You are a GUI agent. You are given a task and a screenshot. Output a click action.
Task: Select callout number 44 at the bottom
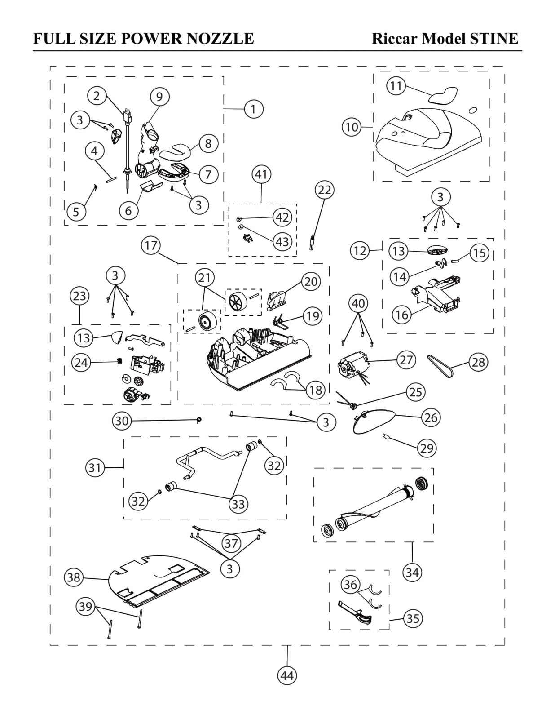[287, 675]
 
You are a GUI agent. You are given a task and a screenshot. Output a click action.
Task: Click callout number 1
[254, 109]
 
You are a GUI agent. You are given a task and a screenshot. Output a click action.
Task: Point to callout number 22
[324, 190]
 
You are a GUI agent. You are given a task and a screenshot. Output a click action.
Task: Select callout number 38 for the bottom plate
[74, 577]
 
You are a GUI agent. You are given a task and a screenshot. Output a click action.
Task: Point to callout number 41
[261, 174]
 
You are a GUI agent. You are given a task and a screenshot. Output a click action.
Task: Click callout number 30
[122, 421]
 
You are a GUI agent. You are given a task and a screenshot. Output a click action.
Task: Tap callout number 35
[413, 619]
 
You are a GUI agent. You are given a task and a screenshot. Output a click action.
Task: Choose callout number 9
[159, 96]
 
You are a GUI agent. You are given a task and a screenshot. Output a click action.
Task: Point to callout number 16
[402, 315]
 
